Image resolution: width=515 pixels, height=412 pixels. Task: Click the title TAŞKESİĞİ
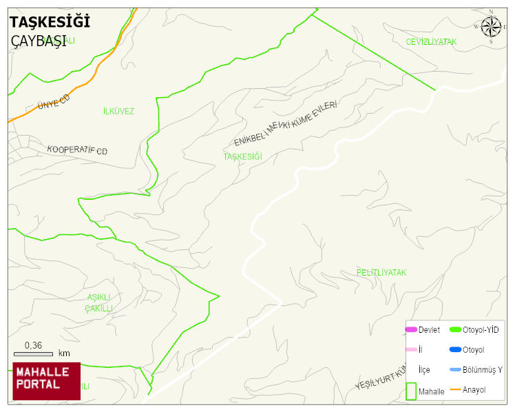[50, 22]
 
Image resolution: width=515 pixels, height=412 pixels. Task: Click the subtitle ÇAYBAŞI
[39, 41]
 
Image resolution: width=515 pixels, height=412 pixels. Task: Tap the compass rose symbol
[491, 27]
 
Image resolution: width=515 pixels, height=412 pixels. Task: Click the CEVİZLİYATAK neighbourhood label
[431, 42]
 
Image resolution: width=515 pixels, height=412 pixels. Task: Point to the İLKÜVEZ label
[118, 111]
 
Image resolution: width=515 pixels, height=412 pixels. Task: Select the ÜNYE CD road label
[54, 103]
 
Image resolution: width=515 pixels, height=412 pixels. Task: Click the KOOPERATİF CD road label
[77, 150]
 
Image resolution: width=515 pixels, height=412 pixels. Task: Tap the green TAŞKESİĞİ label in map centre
[242, 156]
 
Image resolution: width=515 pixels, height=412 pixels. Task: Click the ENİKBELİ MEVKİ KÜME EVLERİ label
[286, 123]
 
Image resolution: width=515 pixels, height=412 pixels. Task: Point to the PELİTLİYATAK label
[381, 273]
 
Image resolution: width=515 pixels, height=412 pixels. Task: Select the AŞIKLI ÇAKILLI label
[99, 302]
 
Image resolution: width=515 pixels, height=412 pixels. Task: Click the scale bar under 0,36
[33, 353]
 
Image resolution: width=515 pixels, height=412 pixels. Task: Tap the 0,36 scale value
[33, 344]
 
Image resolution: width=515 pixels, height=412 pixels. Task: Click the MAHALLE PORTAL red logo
[46, 380]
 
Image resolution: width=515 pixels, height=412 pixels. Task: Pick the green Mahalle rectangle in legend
[411, 391]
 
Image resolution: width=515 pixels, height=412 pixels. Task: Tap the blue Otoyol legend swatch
[455, 349]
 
